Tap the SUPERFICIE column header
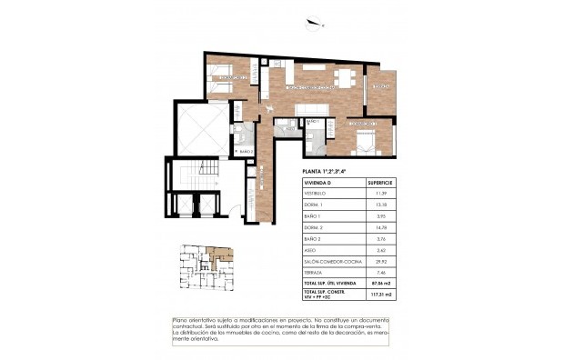point(376,183)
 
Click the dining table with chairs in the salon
point(344,76)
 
